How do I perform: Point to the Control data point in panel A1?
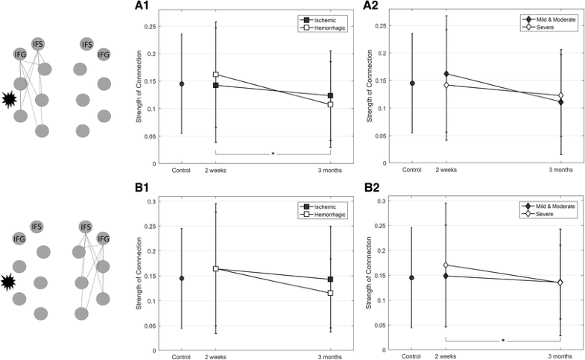(x=182, y=84)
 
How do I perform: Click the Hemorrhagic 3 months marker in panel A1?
(x=330, y=104)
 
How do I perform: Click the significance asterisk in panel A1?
(x=273, y=154)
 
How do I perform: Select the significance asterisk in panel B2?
(x=503, y=341)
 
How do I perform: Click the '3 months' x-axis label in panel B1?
(x=330, y=357)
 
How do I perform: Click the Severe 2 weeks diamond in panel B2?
(x=446, y=265)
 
